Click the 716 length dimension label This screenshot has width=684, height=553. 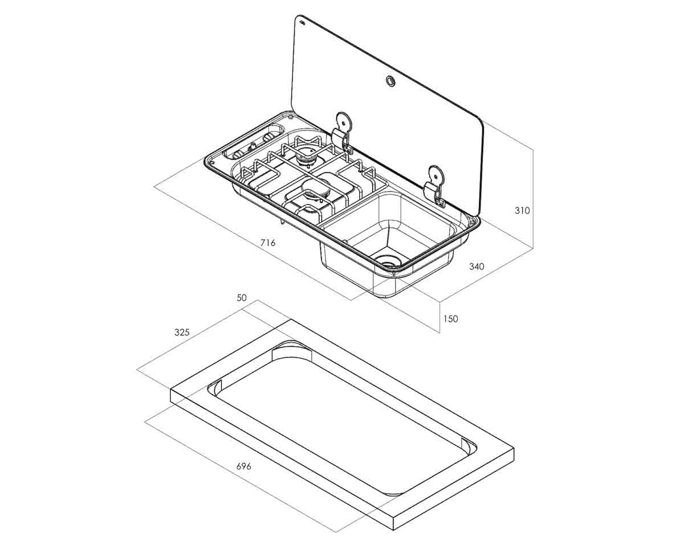[267, 243]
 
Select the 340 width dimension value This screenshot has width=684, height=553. [477, 266]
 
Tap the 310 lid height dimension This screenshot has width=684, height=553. [522, 211]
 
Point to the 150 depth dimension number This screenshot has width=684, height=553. [450, 319]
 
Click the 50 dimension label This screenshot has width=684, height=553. [242, 298]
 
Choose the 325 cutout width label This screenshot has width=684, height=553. [182, 333]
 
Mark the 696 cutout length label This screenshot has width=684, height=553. [244, 466]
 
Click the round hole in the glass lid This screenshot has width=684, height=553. [391, 81]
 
